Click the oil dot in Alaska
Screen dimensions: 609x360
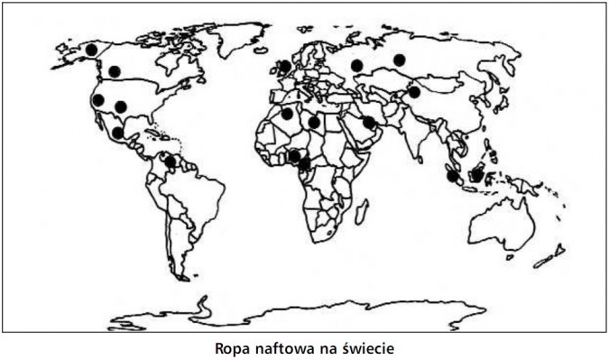click(x=90, y=49)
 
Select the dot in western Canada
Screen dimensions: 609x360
click(x=114, y=71)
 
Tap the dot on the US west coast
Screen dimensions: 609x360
click(x=98, y=99)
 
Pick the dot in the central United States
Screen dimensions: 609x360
click(x=121, y=106)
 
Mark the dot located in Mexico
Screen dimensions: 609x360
click(x=118, y=133)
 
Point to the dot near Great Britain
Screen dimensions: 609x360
click(x=285, y=65)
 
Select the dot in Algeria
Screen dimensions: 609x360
click(x=287, y=114)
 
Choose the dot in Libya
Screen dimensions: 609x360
click(x=314, y=122)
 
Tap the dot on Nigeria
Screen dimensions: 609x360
click(x=297, y=156)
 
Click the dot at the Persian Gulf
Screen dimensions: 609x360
click(x=369, y=122)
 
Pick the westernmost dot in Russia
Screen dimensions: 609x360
click(x=357, y=65)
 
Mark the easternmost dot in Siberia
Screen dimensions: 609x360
click(x=399, y=60)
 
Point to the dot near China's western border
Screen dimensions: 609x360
click(x=414, y=91)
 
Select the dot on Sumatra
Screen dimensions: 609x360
click(x=452, y=175)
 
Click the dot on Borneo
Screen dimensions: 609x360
click(x=477, y=171)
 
